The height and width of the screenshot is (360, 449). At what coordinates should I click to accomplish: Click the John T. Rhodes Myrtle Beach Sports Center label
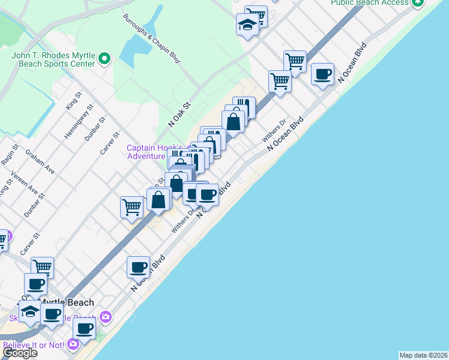click(53, 59)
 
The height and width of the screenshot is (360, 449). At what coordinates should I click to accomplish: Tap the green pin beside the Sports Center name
click(105, 59)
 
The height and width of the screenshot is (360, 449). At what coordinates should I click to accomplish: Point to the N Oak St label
click(179, 113)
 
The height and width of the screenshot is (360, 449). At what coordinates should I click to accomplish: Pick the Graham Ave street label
click(40, 161)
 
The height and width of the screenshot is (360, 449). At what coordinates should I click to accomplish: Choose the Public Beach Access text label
click(369, 3)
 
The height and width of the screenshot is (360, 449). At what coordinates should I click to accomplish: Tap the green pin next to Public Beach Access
click(417, 2)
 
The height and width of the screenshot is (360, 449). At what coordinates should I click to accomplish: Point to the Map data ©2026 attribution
click(423, 355)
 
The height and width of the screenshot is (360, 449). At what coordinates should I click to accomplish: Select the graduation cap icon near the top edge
click(247, 25)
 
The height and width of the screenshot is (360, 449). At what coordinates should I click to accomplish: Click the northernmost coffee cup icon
click(322, 74)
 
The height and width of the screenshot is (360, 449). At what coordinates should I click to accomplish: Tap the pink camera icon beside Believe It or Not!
click(73, 344)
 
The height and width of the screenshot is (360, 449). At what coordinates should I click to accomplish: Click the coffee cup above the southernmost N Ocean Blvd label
click(138, 266)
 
